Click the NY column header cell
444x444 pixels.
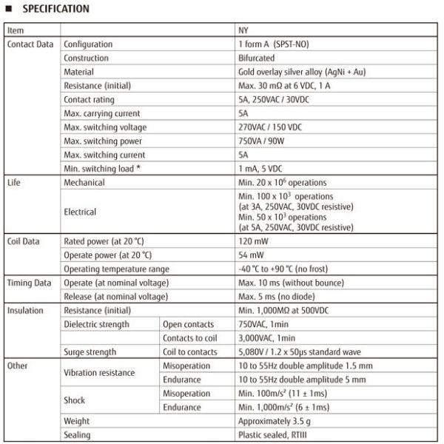(243, 31)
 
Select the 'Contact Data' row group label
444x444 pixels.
(30, 44)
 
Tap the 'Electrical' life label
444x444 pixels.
(81, 212)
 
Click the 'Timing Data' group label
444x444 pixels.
(30, 282)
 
